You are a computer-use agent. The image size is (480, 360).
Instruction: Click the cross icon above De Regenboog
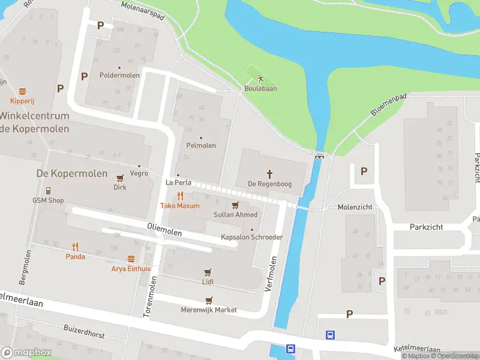[x=269, y=174]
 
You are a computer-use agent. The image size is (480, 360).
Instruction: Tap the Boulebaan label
[x=260, y=89]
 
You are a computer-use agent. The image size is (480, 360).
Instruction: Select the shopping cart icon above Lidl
[x=208, y=272]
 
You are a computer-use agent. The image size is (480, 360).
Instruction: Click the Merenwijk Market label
[x=209, y=310]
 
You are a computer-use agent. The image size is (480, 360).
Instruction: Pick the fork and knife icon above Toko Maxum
[x=179, y=196]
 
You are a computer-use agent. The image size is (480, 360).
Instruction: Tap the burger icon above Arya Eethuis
[x=131, y=259]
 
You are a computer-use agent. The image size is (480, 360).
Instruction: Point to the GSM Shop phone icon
[x=47, y=190]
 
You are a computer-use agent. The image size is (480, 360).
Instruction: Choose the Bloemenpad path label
[x=388, y=104]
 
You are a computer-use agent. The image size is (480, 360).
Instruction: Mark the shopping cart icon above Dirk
[x=120, y=178]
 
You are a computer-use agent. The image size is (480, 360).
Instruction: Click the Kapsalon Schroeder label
[x=251, y=237]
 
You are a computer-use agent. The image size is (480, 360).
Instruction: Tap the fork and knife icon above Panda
[x=75, y=246]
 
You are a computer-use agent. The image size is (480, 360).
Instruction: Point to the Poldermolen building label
[x=119, y=76]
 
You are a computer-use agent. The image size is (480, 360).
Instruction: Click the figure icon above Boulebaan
[x=260, y=79]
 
